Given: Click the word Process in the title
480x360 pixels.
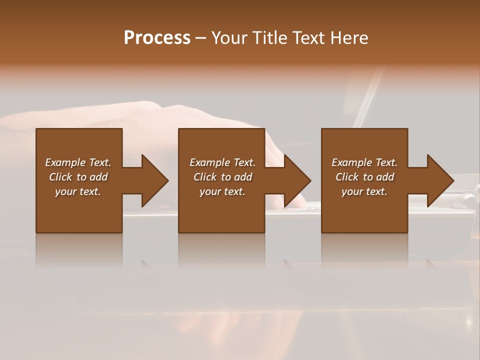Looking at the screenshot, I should pos(157,38).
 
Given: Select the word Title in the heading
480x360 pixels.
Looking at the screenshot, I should pos(270,38).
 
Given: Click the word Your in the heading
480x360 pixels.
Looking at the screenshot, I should pos(230,38).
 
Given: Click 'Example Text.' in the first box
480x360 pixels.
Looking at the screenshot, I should pos(78,162).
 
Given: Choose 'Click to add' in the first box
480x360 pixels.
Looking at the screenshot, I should pos(78,177).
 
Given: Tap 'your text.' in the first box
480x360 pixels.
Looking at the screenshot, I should pos(78,191).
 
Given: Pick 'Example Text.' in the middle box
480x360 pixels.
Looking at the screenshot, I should pos(222,162).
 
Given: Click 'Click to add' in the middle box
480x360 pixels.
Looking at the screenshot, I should pos(222,177).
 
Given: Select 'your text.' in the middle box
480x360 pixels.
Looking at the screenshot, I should pos(222,191).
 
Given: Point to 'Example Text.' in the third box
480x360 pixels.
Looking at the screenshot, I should pos(364,162).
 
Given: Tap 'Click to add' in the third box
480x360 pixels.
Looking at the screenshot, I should pos(364,177).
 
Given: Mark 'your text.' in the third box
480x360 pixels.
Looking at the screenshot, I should pos(364,191).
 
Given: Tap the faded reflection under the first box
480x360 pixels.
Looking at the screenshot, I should pos(79,250).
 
